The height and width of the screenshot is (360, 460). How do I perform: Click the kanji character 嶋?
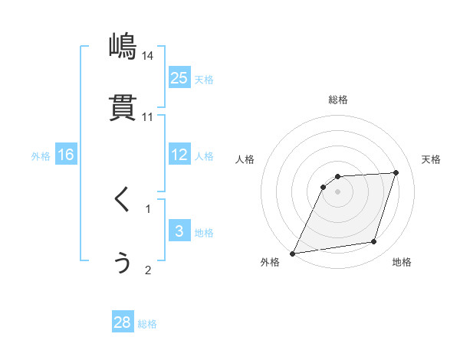(123, 47)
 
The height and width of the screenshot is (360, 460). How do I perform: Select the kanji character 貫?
(123, 108)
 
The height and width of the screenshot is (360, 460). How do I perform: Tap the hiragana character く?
(123, 201)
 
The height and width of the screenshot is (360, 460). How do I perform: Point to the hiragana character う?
(123, 262)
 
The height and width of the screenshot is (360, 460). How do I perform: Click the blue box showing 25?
(179, 77)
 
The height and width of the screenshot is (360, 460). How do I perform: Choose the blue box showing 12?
(179, 155)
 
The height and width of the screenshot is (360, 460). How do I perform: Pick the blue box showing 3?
(179, 231)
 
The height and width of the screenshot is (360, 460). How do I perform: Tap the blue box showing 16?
(66, 155)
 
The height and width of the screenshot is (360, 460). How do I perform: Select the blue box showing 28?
(123, 322)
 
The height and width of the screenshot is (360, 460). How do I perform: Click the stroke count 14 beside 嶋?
(148, 56)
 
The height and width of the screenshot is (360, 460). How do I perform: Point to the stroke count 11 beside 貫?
(148, 117)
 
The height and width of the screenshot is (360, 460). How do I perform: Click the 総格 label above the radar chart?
(337, 100)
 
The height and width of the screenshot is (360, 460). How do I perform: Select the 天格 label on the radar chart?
(431, 159)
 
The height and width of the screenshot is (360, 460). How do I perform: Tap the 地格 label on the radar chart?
(402, 262)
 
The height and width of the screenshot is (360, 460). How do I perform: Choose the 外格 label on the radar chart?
(270, 262)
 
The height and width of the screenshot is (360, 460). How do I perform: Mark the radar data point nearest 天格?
(396, 172)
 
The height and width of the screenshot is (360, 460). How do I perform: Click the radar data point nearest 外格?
(292, 253)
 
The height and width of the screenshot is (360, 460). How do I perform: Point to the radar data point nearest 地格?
(374, 242)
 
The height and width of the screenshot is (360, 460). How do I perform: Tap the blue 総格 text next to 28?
(147, 324)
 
